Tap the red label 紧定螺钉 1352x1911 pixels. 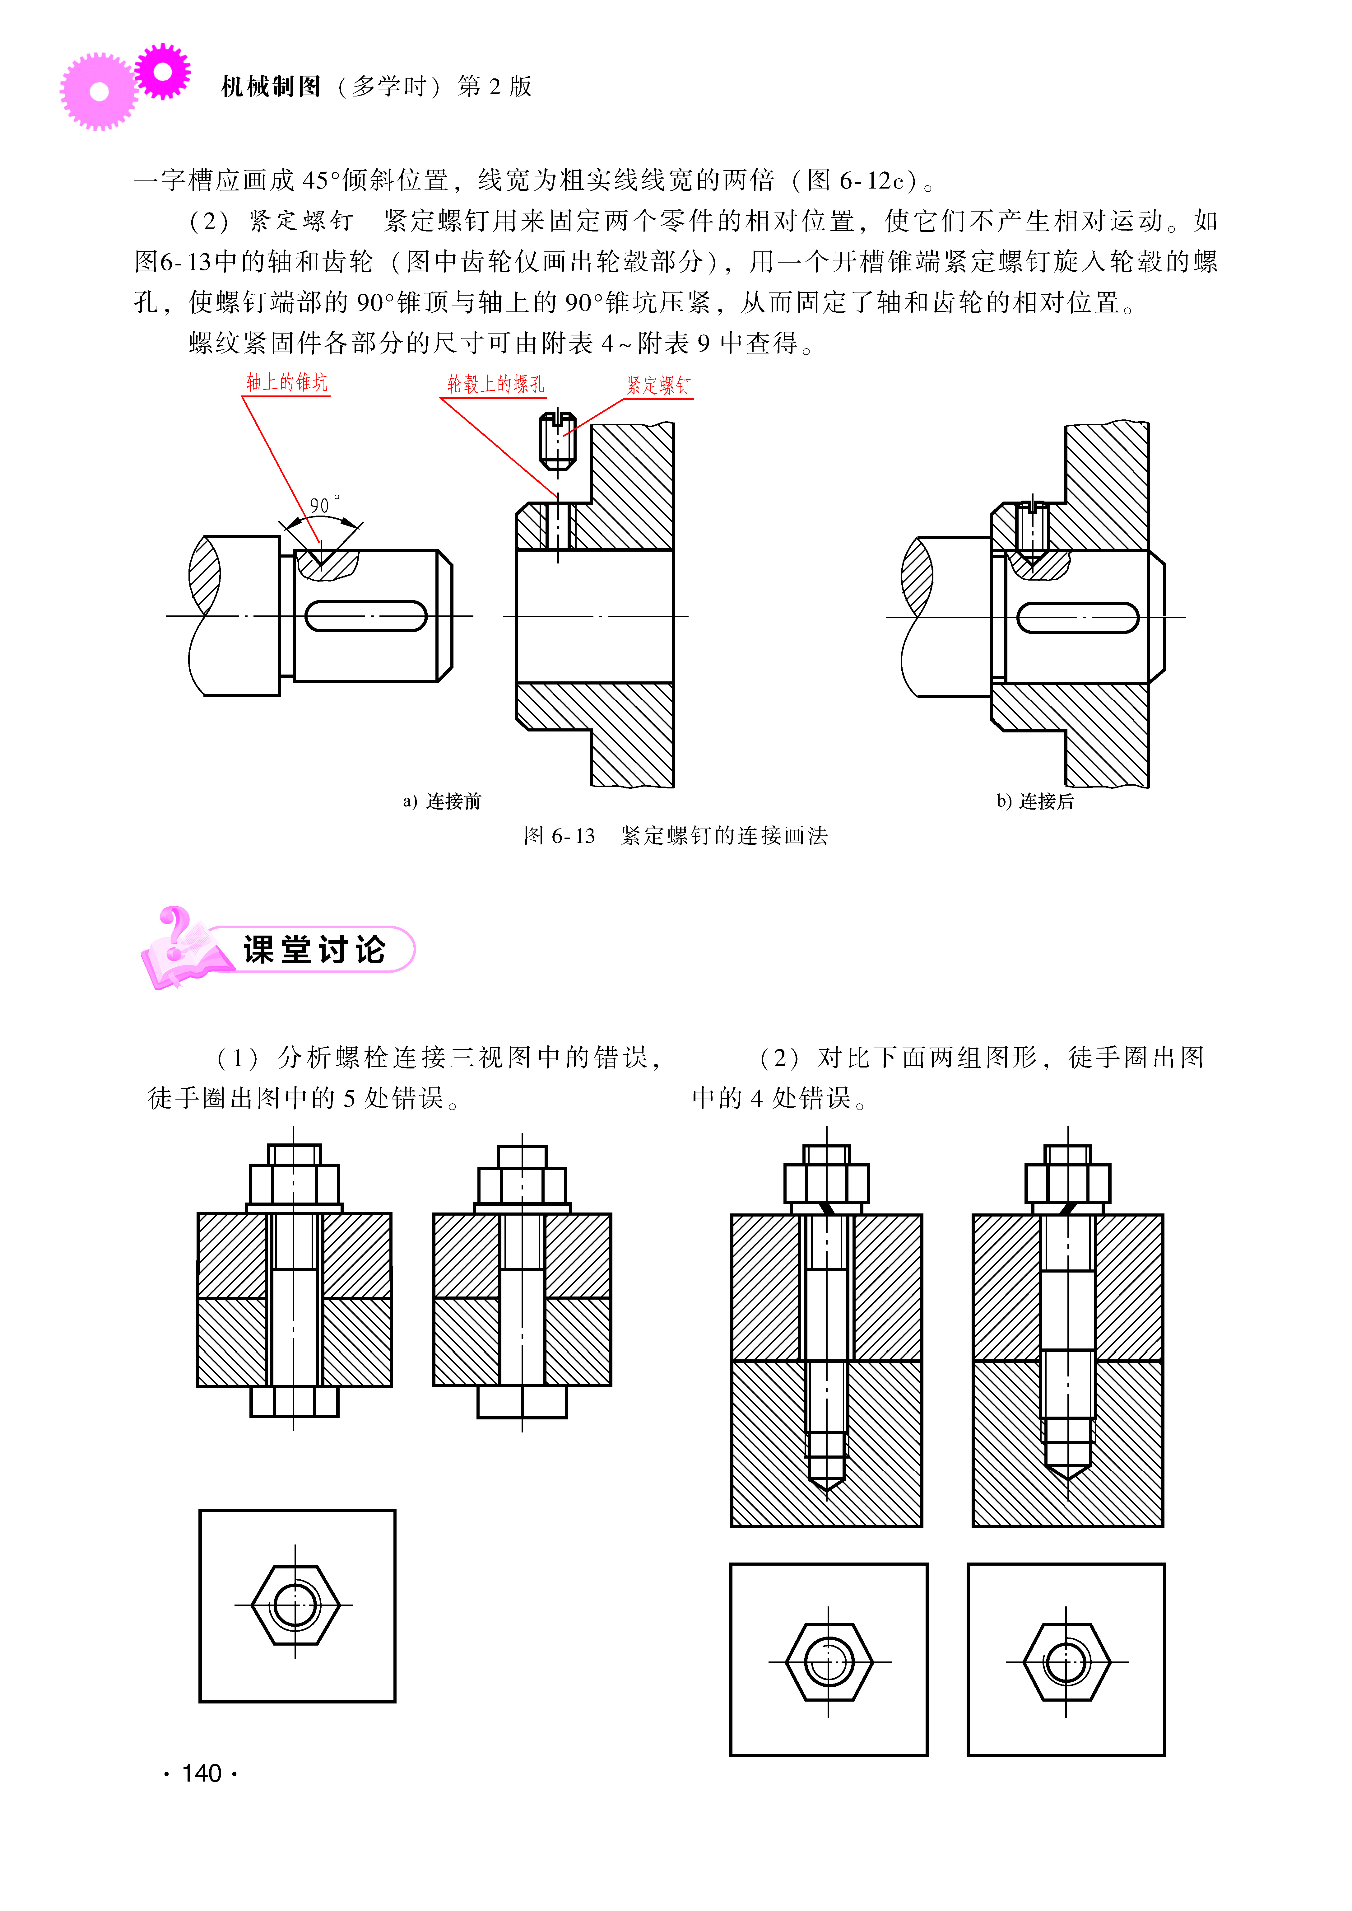[658, 385]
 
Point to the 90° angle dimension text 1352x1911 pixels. [324, 505]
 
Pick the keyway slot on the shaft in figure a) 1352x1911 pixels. [366, 616]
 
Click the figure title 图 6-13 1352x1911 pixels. [560, 836]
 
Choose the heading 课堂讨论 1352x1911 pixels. [315, 949]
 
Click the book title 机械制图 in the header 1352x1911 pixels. [272, 86]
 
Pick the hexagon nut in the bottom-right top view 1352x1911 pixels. [1066, 1662]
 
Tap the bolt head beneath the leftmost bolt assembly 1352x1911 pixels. [295, 1401]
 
